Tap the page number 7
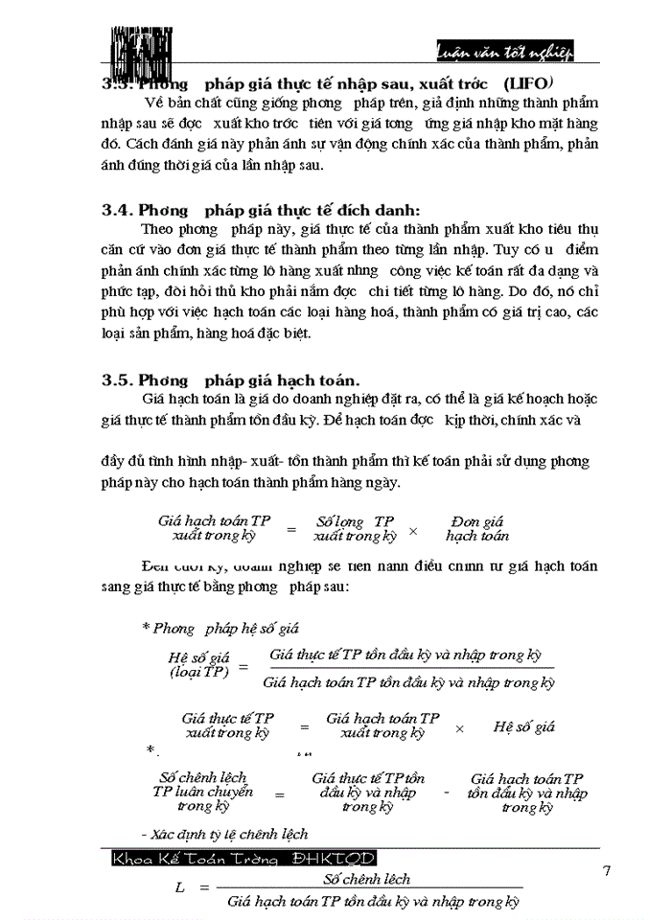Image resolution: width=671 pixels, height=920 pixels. (x=606, y=871)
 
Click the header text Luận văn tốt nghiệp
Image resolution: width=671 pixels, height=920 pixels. (x=518, y=50)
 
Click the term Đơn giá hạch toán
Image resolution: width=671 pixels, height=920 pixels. (x=476, y=528)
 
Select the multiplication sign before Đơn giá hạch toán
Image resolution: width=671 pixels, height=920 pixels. (x=414, y=531)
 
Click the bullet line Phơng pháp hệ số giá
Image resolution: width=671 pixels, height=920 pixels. (x=220, y=629)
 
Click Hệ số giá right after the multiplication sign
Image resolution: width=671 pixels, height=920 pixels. (x=524, y=727)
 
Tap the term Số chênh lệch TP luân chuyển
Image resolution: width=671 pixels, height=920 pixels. (x=203, y=792)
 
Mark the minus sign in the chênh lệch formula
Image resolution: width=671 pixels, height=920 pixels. (x=447, y=793)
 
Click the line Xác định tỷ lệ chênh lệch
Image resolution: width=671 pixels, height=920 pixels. (x=224, y=834)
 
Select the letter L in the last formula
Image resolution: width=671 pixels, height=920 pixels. (x=179, y=888)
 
